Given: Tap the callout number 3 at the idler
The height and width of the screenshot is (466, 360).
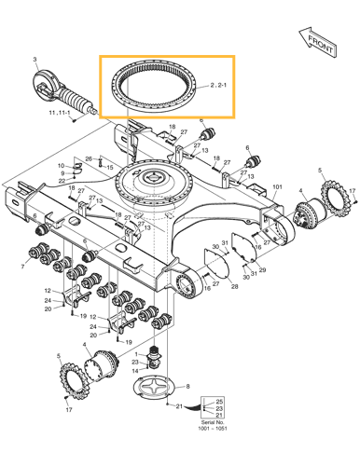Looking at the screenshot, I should (x=35, y=60).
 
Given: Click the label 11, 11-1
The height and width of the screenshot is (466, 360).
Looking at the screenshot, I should (x=61, y=113).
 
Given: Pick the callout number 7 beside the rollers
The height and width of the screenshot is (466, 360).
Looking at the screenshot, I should (x=22, y=266).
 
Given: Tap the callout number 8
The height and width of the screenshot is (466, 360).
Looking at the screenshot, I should (x=190, y=386).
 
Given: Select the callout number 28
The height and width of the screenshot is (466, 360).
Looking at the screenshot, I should (x=233, y=286).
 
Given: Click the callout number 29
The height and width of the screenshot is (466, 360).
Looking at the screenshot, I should (x=261, y=270).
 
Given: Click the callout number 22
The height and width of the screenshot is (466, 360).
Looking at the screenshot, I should (x=62, y=182).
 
